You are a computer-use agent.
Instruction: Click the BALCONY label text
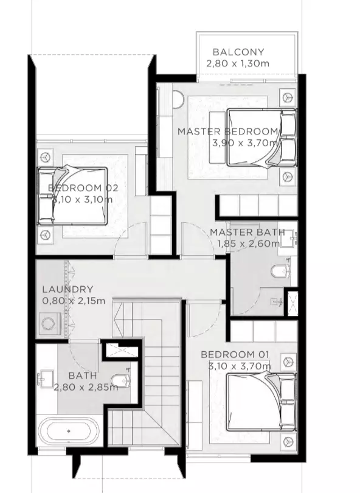click(238, 52)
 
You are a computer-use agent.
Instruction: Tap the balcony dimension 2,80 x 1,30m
click(238, 63)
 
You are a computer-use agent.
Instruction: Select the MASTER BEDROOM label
click(228, 131)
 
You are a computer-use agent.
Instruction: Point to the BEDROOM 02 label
click(83, 188)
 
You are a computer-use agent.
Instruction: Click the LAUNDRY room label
click(68, 289)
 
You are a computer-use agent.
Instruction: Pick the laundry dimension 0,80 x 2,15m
click(74, 301)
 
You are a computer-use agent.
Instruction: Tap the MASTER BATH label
click(247, 233)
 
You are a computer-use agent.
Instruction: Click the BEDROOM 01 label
click(235, 355)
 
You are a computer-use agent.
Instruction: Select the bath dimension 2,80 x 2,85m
click(86, 387)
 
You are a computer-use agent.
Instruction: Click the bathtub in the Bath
click(69, 431)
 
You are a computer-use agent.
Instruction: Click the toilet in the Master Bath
click(280, 271)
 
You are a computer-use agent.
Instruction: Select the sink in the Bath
click(46, 377)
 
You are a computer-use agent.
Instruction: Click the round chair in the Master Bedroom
click(178, 99)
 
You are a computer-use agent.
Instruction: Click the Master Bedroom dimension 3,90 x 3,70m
click(245, 143)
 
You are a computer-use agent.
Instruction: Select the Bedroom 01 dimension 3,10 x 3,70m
click(240, 366)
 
